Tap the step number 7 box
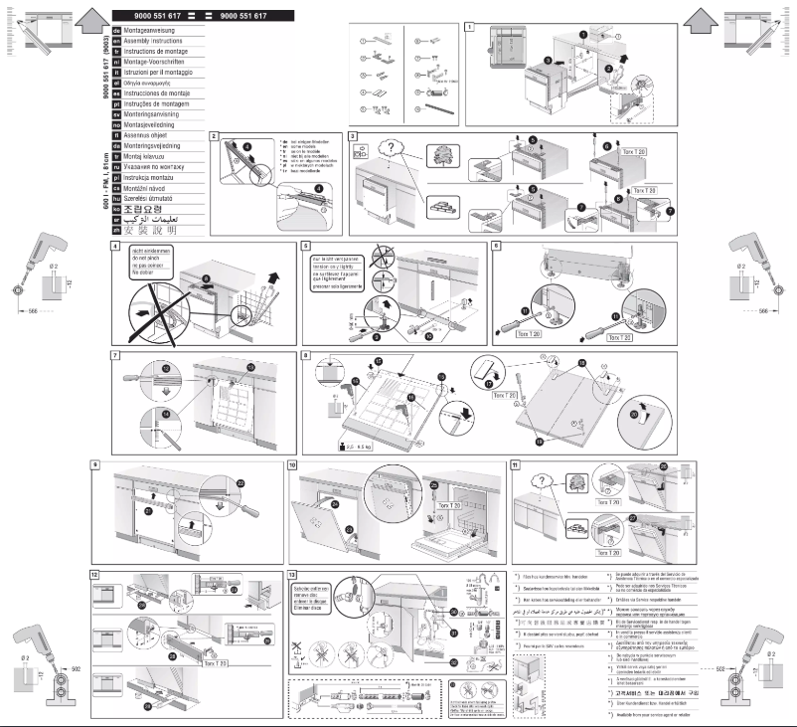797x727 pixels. tap(115, 355)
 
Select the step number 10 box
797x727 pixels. tap(292, 465)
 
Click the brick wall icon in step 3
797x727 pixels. tap(438, 208)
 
